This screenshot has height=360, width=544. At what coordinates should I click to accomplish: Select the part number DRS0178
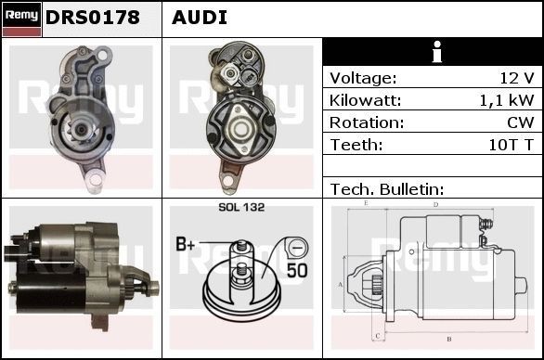tap(93, 18)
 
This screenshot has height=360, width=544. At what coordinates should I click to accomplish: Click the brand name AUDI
tap(200, 18)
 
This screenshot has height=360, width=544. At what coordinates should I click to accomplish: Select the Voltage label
tap(363, 78)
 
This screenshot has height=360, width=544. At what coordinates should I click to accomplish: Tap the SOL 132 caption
tap(241, 208)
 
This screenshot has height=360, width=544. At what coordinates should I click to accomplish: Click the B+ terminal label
tap(186, 245)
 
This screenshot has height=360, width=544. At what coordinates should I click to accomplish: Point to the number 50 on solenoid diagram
tap(296, 271)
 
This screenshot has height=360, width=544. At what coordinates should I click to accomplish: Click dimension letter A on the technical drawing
tap(341, 284)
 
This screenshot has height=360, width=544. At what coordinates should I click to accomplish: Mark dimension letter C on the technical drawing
tap(377, 335)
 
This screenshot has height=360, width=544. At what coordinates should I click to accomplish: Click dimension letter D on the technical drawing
tap(435, 204)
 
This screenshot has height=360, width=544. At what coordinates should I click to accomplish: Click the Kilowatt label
tap(366, 100)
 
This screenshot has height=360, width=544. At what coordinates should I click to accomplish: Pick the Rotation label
tap(366, 122)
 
